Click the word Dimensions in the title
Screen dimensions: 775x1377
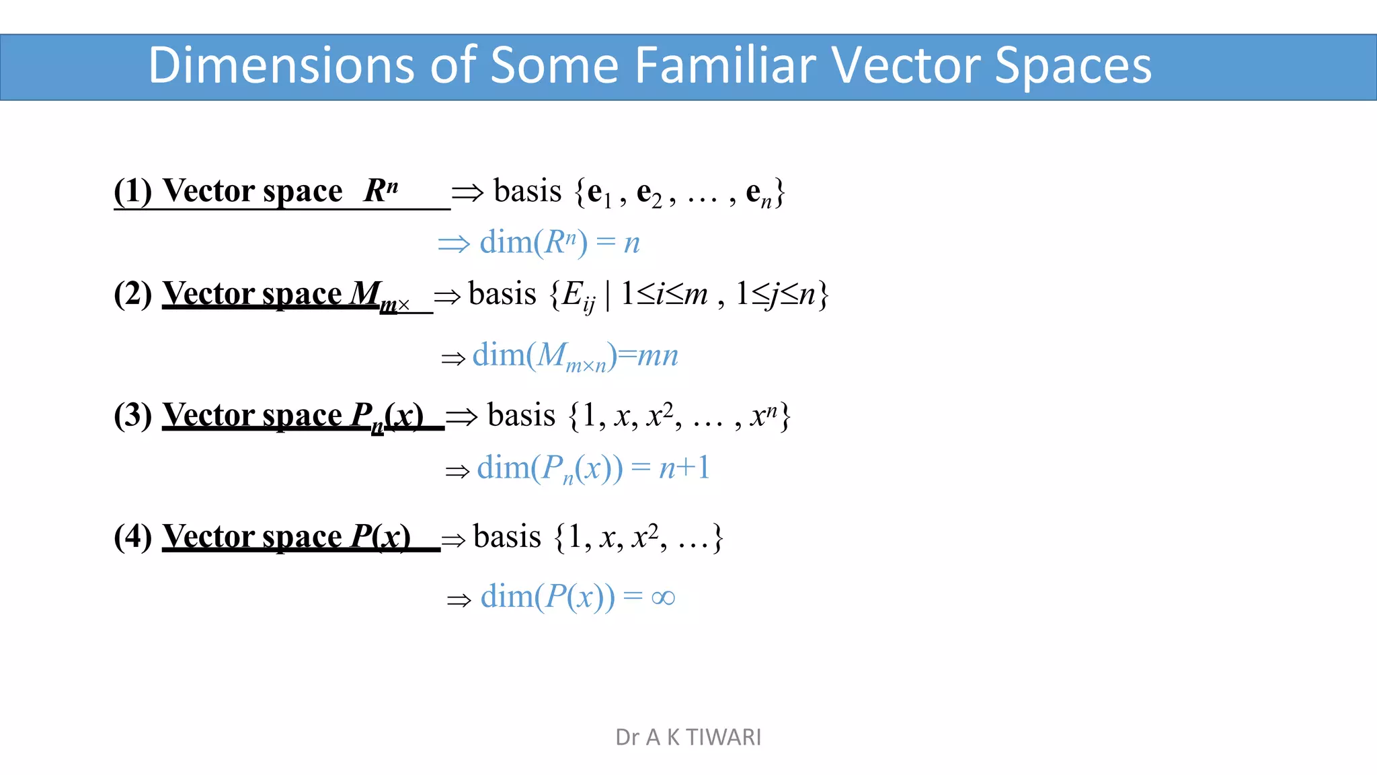281,66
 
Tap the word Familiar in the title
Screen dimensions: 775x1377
724,66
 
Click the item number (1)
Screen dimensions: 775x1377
133,191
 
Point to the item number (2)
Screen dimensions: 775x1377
133,294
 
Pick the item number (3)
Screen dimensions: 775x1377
133,415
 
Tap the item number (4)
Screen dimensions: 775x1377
133,537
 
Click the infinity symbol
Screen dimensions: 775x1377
663,597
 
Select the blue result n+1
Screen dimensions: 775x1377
684,468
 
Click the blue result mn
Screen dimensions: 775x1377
657,355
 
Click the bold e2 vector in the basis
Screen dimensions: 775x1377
648,194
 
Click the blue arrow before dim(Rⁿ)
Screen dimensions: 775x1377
453,244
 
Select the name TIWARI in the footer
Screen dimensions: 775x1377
723,737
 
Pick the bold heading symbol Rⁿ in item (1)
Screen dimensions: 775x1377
381,190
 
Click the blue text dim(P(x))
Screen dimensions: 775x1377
547,597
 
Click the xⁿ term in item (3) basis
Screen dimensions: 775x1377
764,416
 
